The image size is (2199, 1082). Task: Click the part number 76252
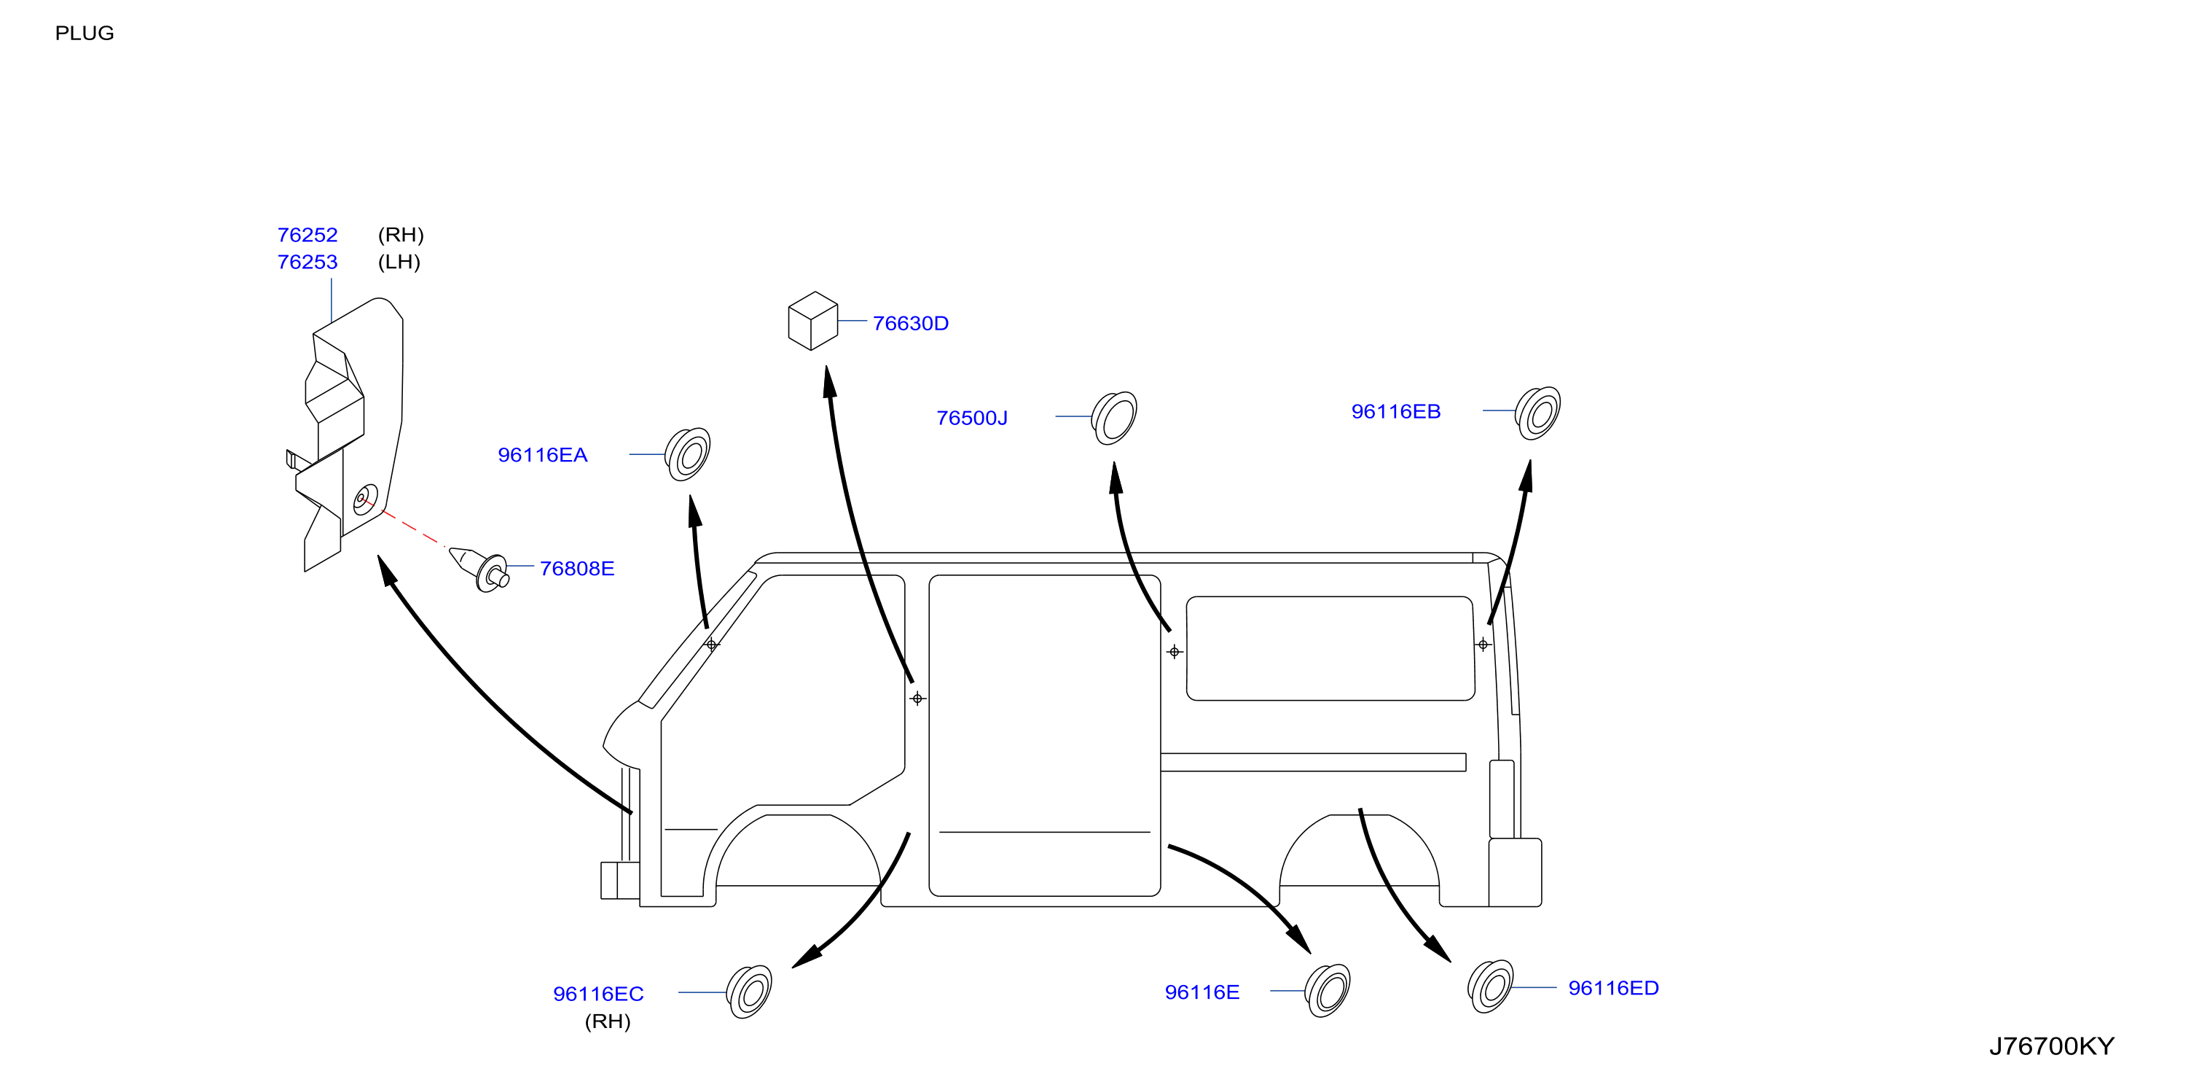click(x=307, y=235)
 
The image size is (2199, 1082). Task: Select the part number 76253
click(x=307, y=262)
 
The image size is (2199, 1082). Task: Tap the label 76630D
click(x=910, y=324)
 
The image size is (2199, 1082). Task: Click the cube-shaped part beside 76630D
click(x=812, y=321)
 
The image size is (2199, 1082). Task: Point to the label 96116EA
click(x=542, y=455)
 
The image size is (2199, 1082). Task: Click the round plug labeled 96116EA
click(x=688, y=454)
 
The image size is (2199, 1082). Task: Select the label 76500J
click(x=971, y=419)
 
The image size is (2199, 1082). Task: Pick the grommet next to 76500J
click(x=1114, y=418)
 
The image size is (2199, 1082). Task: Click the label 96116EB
click(x=1396, y=412)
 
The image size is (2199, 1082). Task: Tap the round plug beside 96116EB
click(x=1537, y=413)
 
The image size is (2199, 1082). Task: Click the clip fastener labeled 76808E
click(x=482, y=568)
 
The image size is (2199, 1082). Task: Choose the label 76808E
click(x=577, y=569)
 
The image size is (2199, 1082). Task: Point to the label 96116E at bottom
click(x=1202, y=992)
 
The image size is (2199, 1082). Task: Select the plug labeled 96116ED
click(x=1491, y=986)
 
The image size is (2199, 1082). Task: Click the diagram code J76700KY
click(x=2051, y=1047)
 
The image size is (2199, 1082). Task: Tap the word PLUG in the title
click(x=85, y=34)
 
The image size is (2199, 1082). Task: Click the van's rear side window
click(x=1330, y=648)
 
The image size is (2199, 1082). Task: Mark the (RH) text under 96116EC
click(x=608, y=1021)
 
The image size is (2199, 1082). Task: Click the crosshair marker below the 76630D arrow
click(x=917, y=698)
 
